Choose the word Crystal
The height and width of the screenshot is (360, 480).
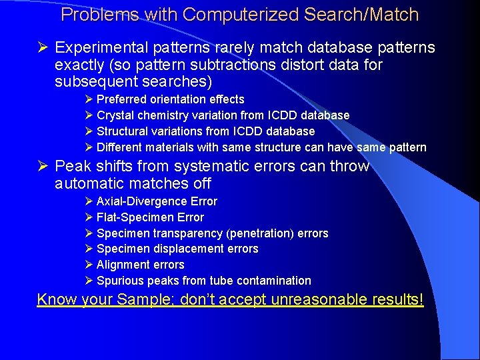click(x=115, y=115)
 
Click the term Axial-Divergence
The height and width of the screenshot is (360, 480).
click(x=142, y=201)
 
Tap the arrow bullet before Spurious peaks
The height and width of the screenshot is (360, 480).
click(x=89, y=281)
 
